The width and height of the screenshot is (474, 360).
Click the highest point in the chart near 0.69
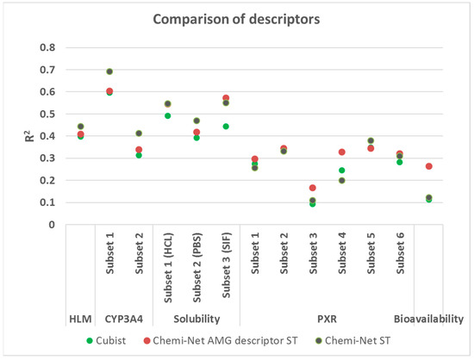(109, 71)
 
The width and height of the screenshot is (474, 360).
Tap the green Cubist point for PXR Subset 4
(341, 171)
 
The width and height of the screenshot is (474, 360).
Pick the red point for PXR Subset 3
(312, 188)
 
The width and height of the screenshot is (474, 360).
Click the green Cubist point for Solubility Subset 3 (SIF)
(226, 127)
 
